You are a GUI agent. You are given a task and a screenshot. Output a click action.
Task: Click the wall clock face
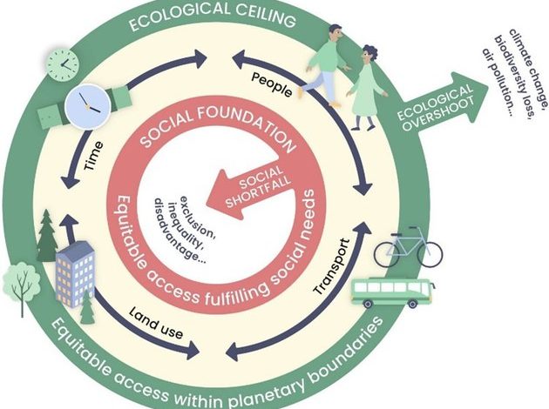pos(64,62)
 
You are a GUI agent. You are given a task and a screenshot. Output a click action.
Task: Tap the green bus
pos(390,292)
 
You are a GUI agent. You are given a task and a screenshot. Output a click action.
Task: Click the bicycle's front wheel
pos(430,253)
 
